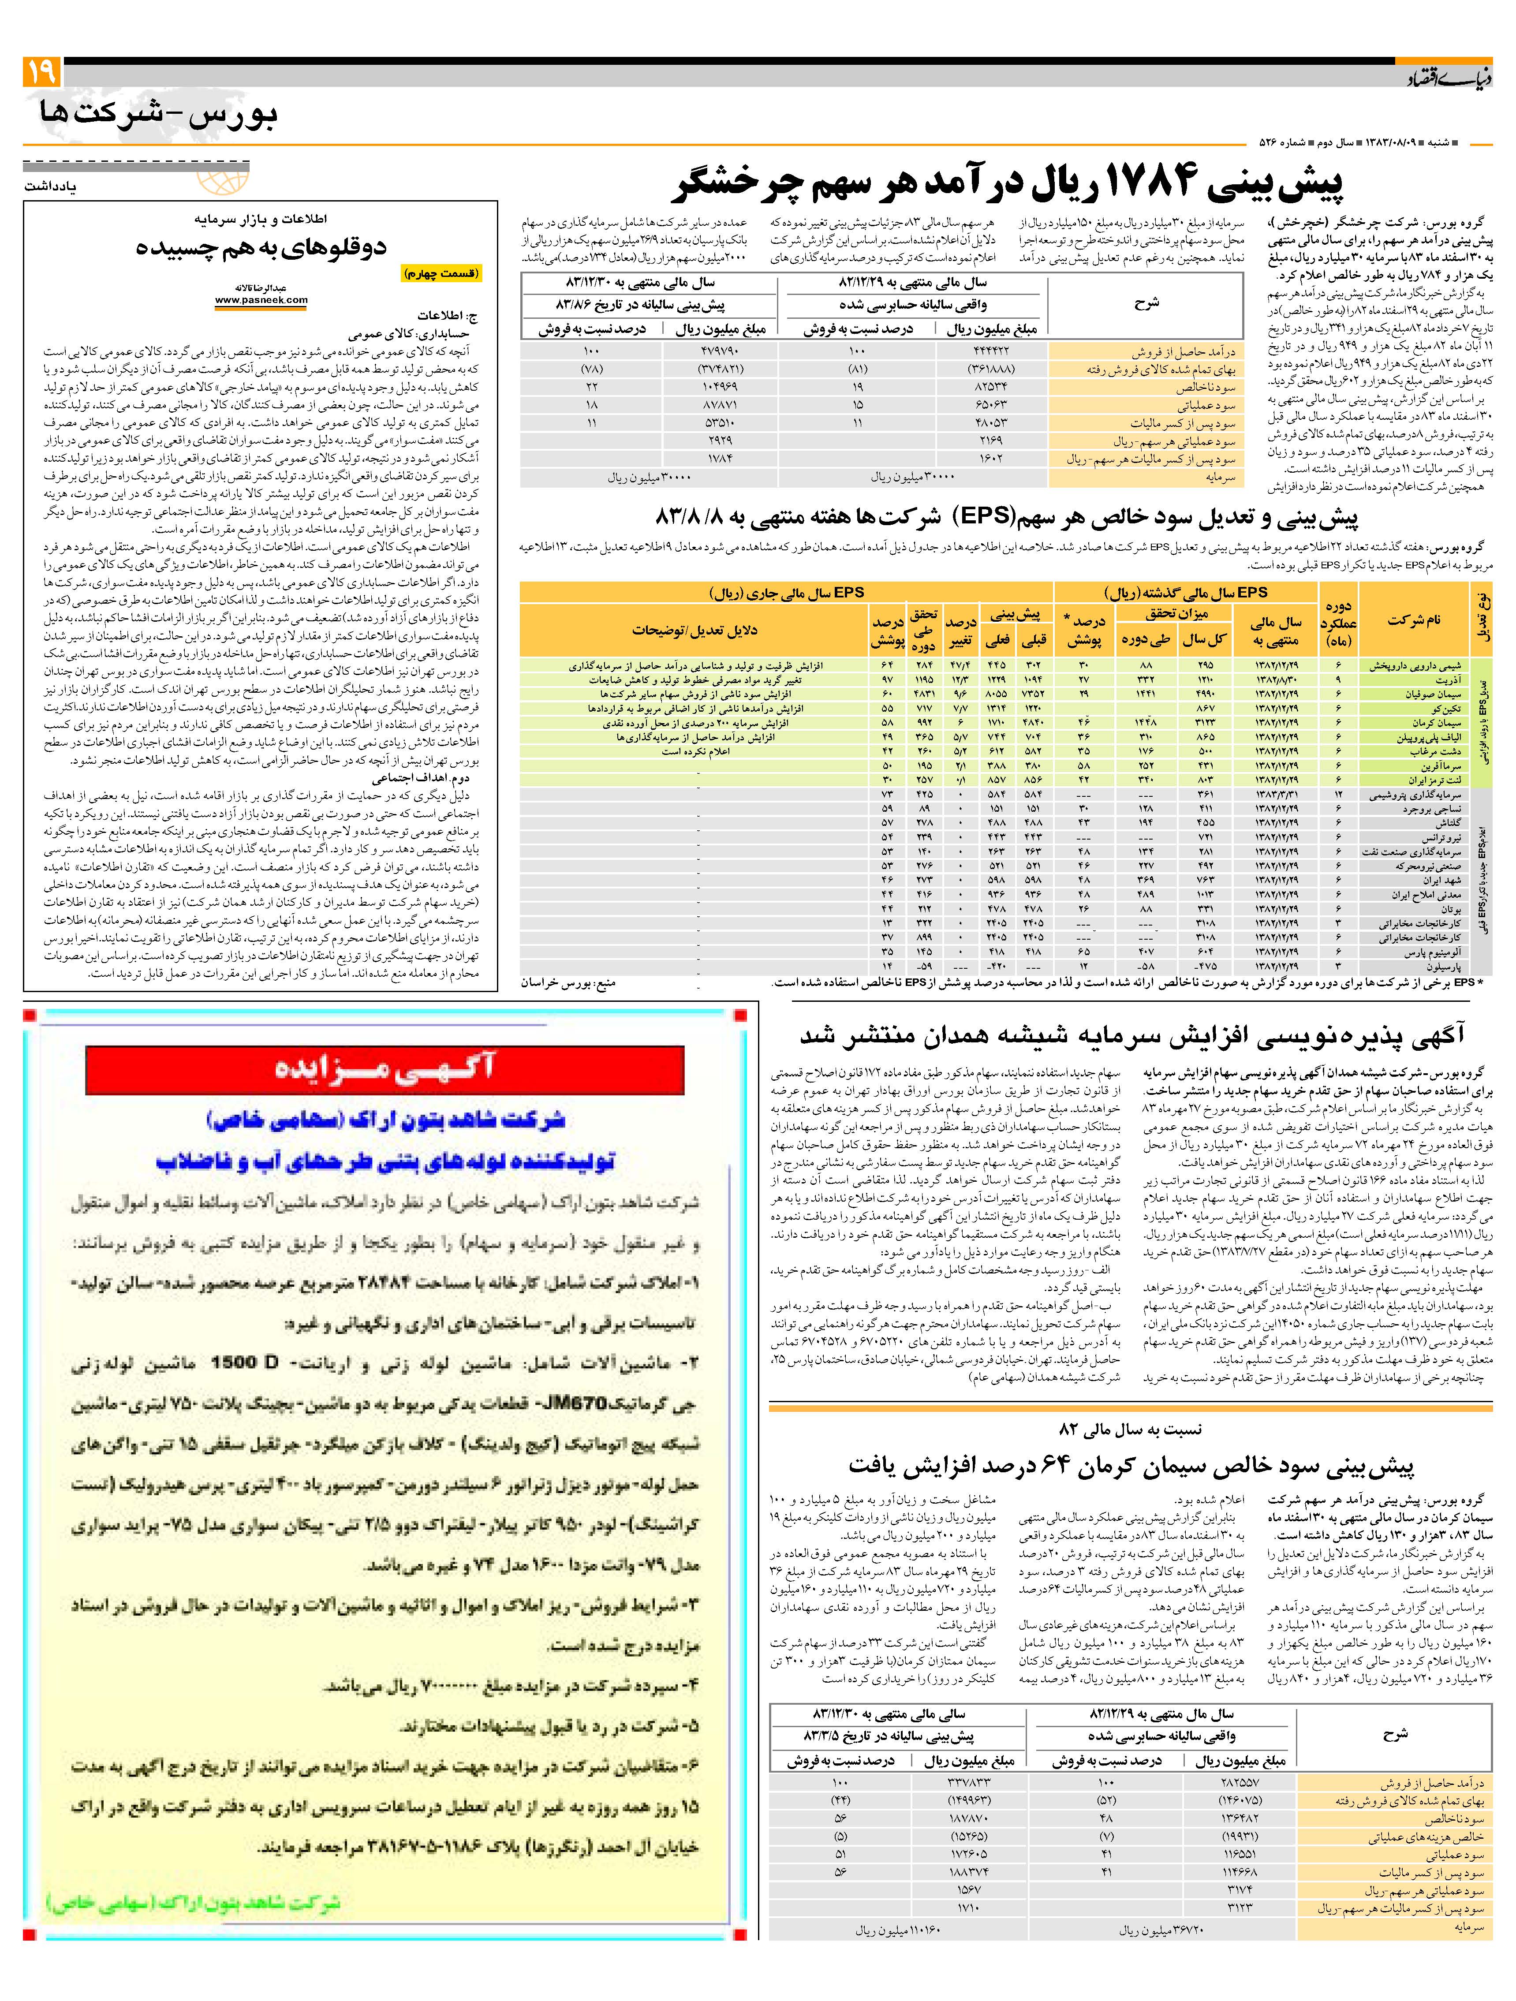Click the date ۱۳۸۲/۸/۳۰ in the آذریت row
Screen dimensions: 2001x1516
click(1277, 679)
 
